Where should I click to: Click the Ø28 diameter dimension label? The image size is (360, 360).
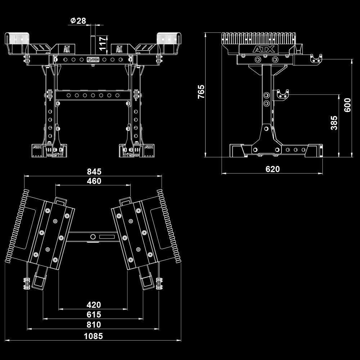78,21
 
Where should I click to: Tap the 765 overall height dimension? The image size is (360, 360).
201,91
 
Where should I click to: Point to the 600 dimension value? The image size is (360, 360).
347,105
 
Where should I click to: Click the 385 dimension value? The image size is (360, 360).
334,123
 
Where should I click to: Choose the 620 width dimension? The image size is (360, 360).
273,169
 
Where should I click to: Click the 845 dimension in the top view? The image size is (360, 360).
94,171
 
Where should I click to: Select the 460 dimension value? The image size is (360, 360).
94,181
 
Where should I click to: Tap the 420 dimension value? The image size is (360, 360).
94,305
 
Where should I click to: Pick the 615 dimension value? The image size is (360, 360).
94,315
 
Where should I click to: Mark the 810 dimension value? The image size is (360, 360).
94,325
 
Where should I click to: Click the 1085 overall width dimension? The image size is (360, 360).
94,336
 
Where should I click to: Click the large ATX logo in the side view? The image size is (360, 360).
264,49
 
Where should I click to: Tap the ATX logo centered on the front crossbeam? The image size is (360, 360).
93,59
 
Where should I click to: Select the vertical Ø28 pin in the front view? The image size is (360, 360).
92,40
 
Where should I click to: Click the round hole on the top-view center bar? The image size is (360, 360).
93,237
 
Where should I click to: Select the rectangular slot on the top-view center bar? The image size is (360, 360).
107,237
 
